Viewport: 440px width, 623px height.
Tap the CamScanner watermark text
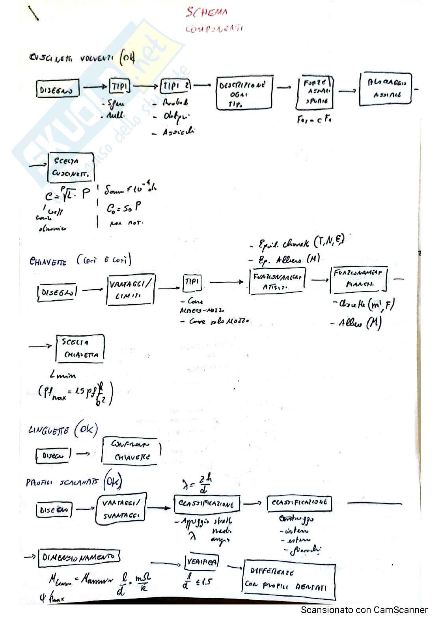point(364,610)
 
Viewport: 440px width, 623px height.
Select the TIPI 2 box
point(176,86)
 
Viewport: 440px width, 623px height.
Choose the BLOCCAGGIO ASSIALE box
point(385,89)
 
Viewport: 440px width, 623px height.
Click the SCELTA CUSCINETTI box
point(71,167)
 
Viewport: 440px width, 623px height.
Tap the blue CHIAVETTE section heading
point(48,261)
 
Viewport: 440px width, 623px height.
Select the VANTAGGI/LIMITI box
point(130,290)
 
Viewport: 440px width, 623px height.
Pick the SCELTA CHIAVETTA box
point(80,348)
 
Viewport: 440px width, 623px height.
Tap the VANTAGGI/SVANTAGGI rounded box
point(121,509)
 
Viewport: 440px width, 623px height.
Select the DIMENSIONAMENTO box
point(79,558)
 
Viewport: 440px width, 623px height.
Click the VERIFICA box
point(201,562)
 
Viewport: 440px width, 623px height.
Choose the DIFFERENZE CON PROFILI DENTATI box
point(289,578)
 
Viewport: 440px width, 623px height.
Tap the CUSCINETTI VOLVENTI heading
point(71,58)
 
